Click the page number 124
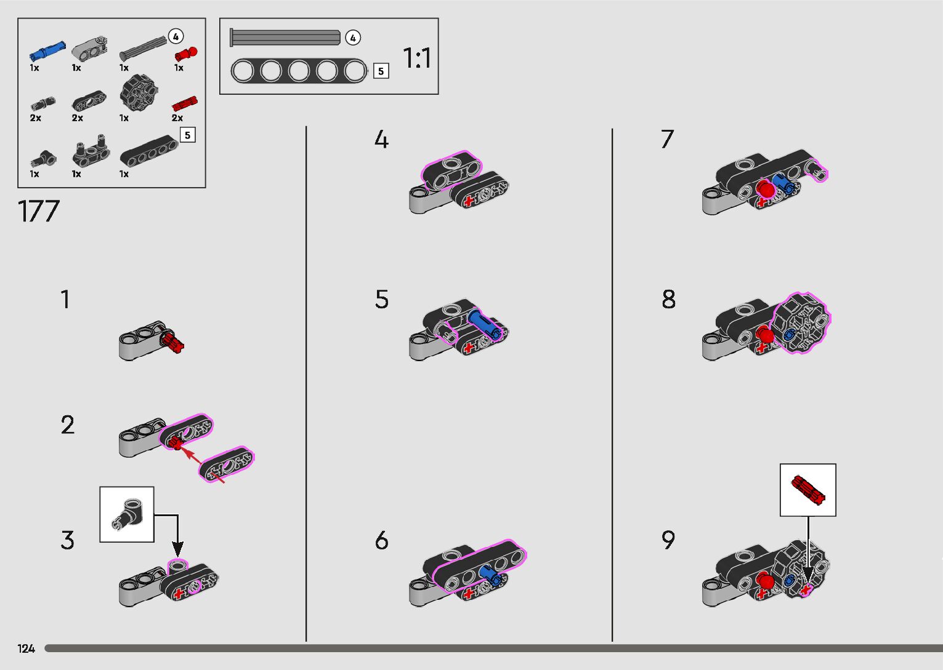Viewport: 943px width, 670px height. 26,648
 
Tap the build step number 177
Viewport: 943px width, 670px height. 39,211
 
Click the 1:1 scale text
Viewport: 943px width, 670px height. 417,58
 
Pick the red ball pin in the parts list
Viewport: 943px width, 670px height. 185,54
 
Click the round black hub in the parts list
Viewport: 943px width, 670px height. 136,93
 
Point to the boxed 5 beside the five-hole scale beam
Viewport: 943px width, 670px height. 381,71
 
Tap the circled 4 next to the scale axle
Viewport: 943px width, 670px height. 352,38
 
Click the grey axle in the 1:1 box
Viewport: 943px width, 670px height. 285,38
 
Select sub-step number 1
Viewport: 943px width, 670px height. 65,300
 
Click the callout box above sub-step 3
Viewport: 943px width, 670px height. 127,514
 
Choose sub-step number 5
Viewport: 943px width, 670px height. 382,300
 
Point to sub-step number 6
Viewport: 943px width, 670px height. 382,541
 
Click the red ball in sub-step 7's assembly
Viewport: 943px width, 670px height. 766,189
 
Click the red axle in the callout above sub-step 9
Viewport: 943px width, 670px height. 807,490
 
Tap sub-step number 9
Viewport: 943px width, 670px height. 668,540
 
